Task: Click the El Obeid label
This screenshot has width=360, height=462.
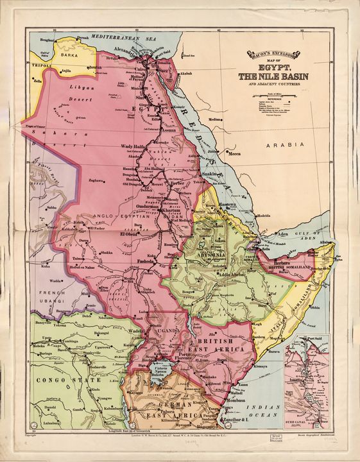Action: [131, 234]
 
